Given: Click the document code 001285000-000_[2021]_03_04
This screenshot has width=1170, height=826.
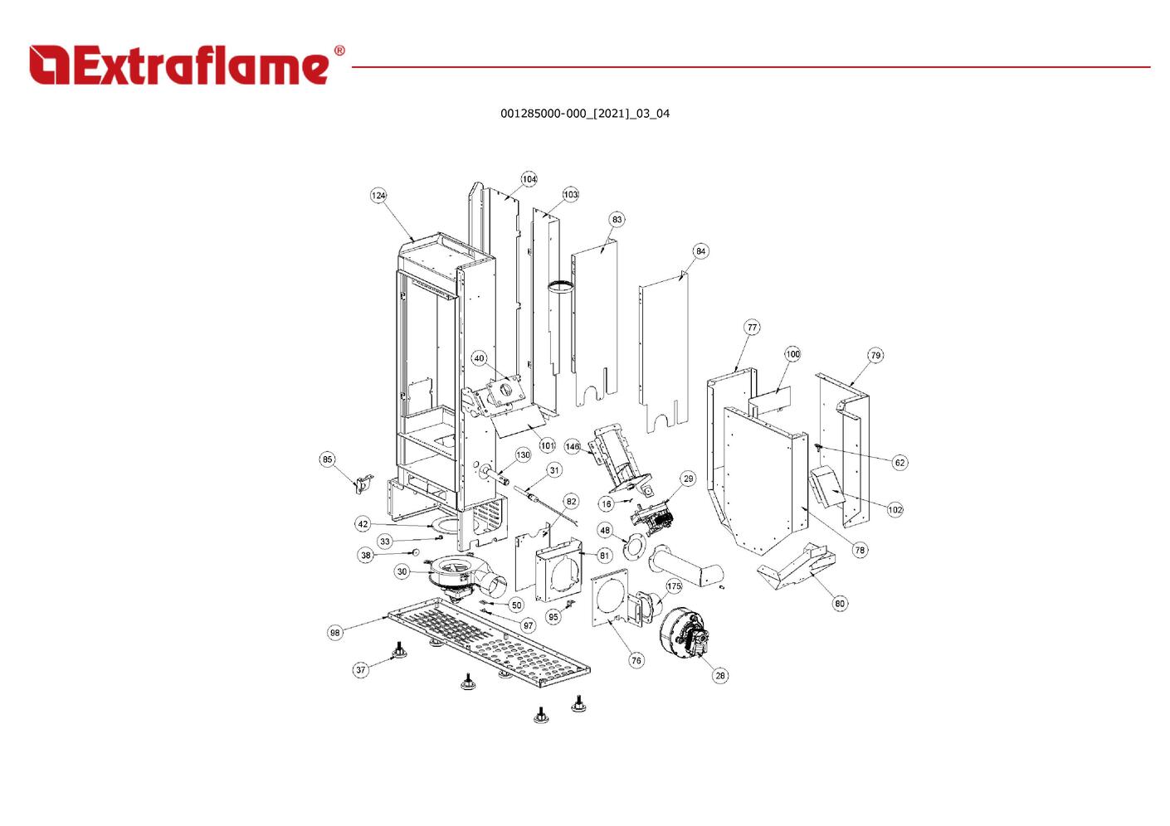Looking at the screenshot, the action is pyautogui.click(x=585, y=114).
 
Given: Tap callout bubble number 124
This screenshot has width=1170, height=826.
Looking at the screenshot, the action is pyautogui.click(x=378, y=196).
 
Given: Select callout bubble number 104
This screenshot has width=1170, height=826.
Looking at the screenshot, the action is pyautogui.click(x=529, y=179).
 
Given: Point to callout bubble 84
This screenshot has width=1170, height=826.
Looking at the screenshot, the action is pyautogui.click(x=700, y=251).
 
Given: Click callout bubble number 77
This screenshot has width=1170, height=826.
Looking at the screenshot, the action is pyautogui.click(x=752, y=328).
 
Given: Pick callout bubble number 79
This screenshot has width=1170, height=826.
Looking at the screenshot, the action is pyautogui.click(x=875, y=356).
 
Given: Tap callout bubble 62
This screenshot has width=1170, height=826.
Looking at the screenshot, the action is pyautogui.click(x=899, y=463).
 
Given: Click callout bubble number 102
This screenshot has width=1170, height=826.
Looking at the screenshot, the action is pyautogui.click(x=895, y=509).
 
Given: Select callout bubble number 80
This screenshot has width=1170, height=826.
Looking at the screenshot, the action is pyautogui.click(x=840, y=604).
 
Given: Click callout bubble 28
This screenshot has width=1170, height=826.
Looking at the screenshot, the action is pyautogui.click(x=719, y=676).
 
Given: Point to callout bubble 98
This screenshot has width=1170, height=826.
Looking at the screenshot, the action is pyautogui.click(x=334, y=633).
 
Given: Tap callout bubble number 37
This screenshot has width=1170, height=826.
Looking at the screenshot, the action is pyautogui.click(x=361, y=670).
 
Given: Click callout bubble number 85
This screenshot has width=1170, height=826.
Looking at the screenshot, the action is pyautogui.click(x=327, y=459).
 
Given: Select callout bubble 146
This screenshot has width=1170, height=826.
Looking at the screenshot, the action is pyautogui.click(x=573, y=446).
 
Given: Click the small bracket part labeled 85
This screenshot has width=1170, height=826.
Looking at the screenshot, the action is pyautogui.click(x=363, y=484).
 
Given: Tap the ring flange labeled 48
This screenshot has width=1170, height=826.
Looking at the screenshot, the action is pyautogui.click(x=634, y=547).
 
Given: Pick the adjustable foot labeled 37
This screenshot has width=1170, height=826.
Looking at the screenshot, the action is pyautogui.click(x=400, y=651).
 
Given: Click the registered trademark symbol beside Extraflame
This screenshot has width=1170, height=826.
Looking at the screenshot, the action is pyautogui.click(x=339, y=50).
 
